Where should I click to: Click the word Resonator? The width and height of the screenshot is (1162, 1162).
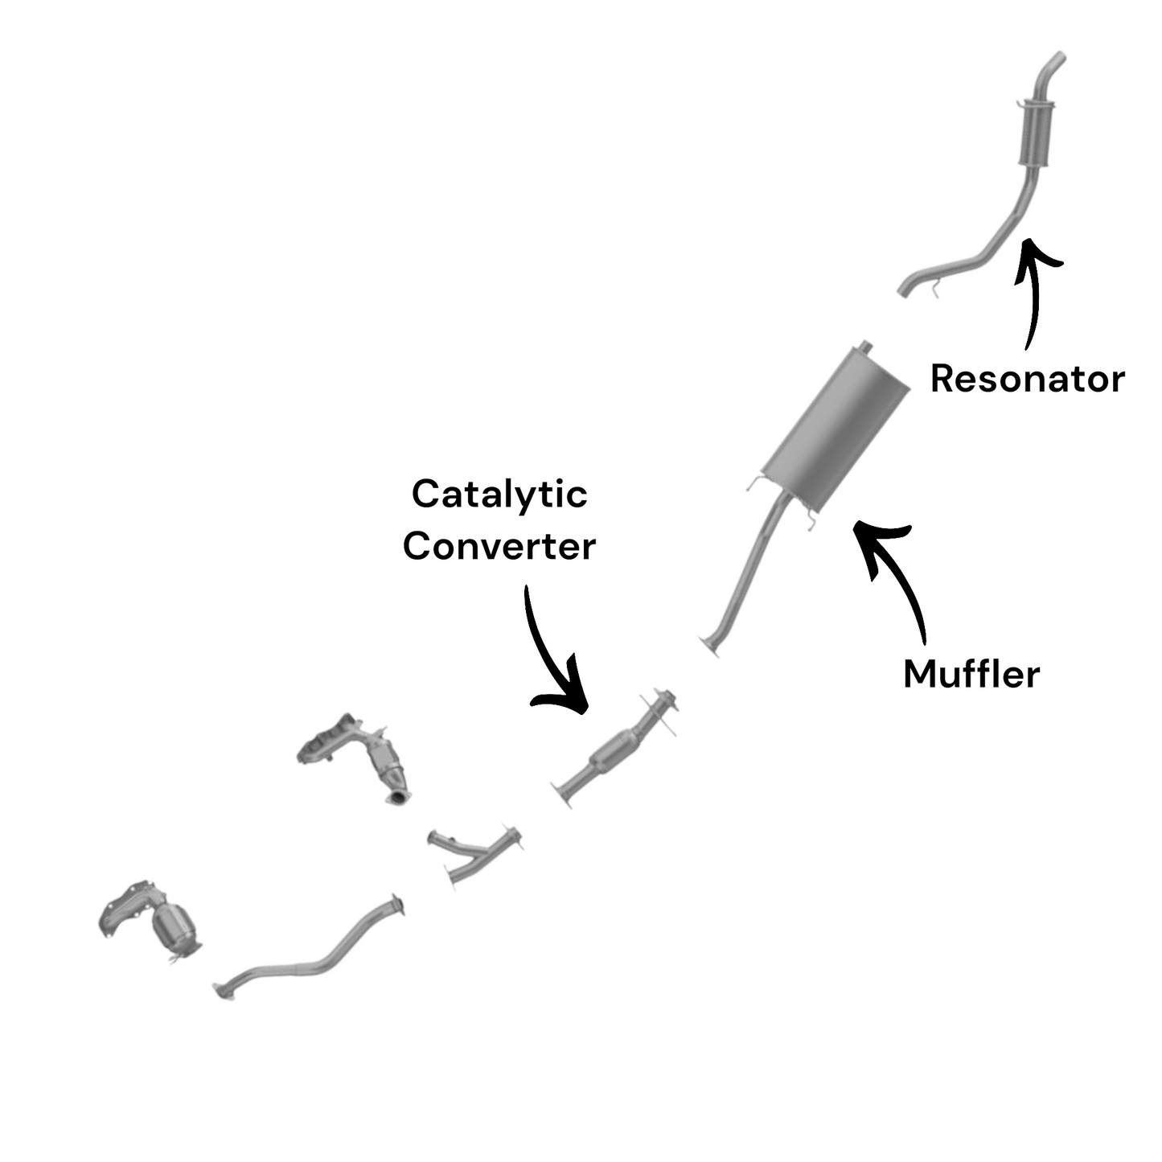1027,379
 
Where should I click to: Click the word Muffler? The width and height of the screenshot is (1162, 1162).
971,674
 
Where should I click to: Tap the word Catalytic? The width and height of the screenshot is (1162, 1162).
499,494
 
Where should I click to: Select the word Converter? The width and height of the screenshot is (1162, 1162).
499,546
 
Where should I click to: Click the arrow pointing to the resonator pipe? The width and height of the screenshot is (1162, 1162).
1033,289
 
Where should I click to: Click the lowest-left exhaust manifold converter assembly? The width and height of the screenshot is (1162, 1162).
153,921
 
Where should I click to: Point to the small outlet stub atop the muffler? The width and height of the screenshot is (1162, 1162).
865,347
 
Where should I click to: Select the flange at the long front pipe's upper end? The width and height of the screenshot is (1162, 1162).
396,905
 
